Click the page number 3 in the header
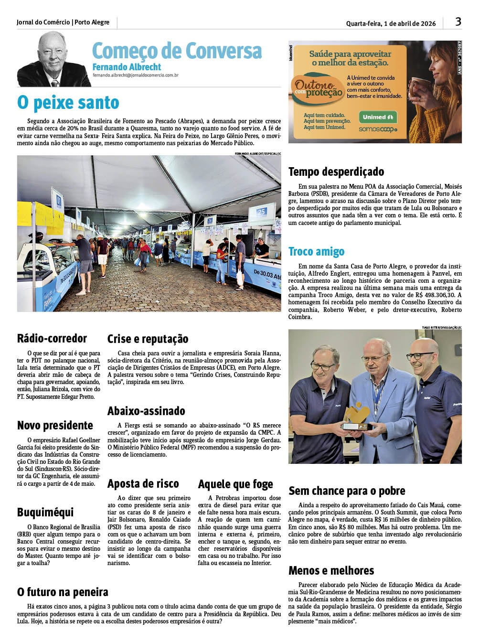tap(458, 21)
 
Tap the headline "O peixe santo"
tap(68, 103)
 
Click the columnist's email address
tap(136, 75)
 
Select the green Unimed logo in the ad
tap(377, 117)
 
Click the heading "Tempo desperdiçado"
tap(336, 171)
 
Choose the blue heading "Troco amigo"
tap(316, 251)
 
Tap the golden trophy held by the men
tap(356, 416)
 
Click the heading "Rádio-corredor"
tap(52, 339)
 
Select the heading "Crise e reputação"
tap(148, 339)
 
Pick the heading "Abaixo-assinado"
tap(146, 411)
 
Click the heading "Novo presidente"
tap(55, 425)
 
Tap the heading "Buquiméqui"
tap(45, 513)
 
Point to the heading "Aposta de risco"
tap(143, 483)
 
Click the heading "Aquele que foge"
tap(235, 484)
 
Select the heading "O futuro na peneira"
tap(63, 592)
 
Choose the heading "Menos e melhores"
tap(331, 570)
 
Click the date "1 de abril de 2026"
tap(410, 23)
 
